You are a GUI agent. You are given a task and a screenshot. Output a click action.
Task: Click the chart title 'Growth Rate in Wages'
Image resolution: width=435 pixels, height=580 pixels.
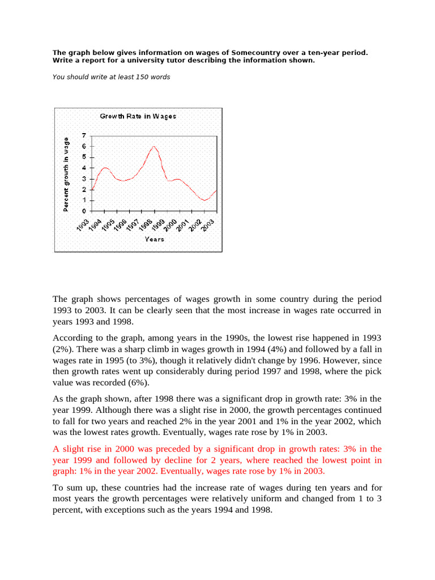point(138,116)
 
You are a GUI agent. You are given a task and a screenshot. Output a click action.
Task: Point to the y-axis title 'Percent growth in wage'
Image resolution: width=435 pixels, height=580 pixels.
point(66,174)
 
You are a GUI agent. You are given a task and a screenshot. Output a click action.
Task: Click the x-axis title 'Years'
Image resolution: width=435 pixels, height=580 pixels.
point(154,239)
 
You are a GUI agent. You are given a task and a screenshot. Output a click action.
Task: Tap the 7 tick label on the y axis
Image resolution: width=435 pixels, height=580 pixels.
point(84,136)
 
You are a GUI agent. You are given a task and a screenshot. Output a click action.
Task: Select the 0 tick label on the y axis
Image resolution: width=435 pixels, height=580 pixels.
point(84,211)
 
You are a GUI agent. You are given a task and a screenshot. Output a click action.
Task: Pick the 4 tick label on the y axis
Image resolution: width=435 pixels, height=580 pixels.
point(84,168)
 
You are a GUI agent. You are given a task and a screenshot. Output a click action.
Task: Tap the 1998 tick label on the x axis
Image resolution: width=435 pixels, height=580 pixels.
point(148,225)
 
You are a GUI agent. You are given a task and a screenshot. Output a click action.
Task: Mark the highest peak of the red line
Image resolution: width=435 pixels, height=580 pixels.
point(153,147)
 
